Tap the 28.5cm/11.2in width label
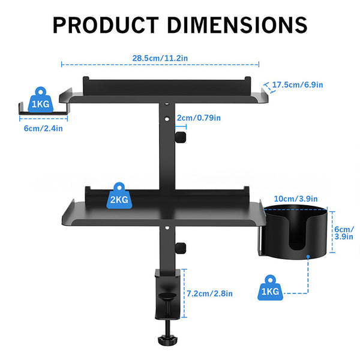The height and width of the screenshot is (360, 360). click(x=160, y=58)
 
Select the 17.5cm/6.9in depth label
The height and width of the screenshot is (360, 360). click(x=298, y=85)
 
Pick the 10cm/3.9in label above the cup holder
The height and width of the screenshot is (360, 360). click(x=296, y=199)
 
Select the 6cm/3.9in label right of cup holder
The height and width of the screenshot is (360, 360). click(x=344, y=233)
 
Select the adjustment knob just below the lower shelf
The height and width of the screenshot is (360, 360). click(x=179, y=247)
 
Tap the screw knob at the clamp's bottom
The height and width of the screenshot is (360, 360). click(x=166, y=339)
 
